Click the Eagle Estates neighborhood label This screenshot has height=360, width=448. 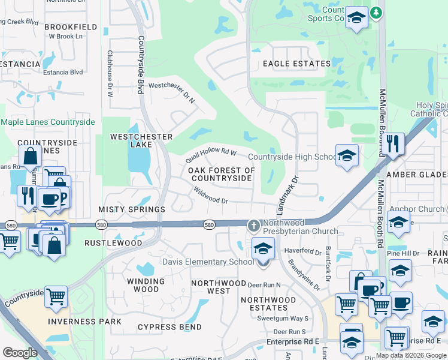click(296, 64)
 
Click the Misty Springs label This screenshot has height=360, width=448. click(132, 209)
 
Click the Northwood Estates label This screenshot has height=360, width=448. click(268, 304)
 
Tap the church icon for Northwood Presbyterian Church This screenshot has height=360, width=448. click(253, 226)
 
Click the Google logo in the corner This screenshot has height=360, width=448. click(20, 353)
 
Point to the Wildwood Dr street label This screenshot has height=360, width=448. click(210, 194)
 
